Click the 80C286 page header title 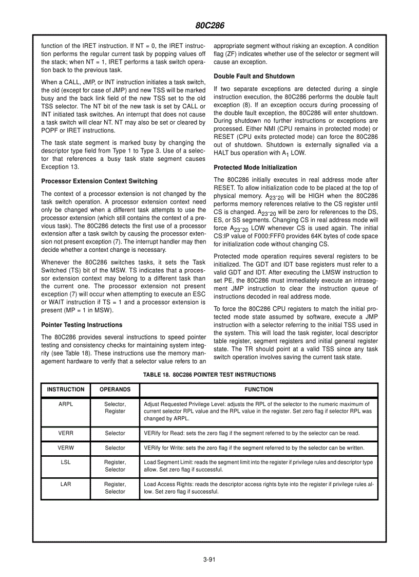pos(209,26)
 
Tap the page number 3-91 pos(209,560)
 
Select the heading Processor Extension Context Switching pos(99,181)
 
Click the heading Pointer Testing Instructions pos(82,325)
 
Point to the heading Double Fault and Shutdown pos(254,76)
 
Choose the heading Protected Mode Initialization pos(255,167)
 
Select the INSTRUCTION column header pos(66,390)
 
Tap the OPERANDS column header pos(115,390)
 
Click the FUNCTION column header pos(259,390)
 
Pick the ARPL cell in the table pos(66,404)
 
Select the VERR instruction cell pos(66,433)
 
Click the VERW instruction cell pos(66,448)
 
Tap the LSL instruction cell pos(66,462)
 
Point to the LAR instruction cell pos(66,484)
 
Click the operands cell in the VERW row pos(115,448)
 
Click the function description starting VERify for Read pos(252,433)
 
